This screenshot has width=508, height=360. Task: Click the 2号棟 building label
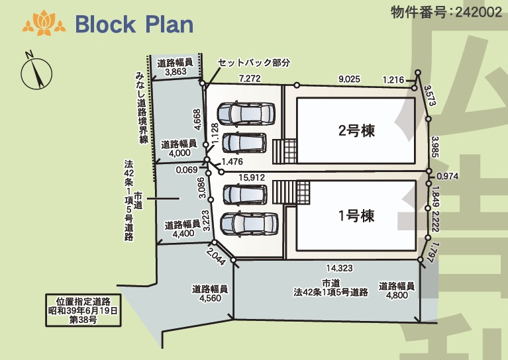point(356,130)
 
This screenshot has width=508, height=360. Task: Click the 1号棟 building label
point(356,216)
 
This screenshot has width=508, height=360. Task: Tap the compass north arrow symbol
point(36,72)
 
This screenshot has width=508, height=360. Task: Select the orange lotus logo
point(44,23)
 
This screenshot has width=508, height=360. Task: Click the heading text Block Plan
point(134,24)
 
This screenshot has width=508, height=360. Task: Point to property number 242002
point(478,13)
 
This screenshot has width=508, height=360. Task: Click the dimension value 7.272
point(250,78)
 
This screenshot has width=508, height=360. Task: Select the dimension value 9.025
point(349,79)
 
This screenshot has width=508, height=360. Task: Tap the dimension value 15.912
point(252,177)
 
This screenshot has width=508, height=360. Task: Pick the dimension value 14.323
point(339,268)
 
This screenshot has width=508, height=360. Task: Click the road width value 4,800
point(397,295)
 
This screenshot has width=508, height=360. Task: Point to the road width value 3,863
point(176,71)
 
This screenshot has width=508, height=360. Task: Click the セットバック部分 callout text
point(254,62)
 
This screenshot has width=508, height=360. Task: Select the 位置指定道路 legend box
point(83,310)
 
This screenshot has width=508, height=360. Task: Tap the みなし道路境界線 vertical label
point(141,107)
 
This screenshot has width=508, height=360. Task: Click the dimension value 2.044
point(215,256)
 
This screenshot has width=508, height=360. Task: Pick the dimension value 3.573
point(430,95)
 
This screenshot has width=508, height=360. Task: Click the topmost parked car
point(246,113)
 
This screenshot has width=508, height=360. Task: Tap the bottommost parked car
point(249,224)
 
